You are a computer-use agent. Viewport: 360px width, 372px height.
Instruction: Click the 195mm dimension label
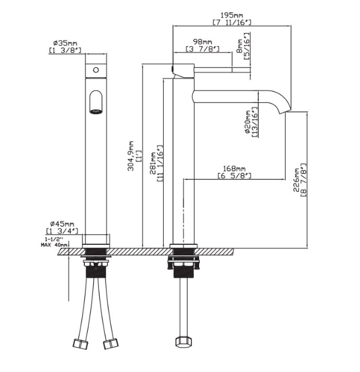pos(232,15)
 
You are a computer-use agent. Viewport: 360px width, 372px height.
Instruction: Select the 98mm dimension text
pos(202,42)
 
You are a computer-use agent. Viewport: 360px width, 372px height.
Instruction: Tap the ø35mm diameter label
pos(65,43)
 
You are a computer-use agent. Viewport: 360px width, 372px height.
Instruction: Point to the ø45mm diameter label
pos(62,224)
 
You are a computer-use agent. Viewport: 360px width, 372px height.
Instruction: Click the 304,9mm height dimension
pos(131,156)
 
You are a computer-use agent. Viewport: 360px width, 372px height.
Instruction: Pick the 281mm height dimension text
pos(153,163)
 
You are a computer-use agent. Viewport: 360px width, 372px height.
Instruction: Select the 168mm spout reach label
pos(234,169)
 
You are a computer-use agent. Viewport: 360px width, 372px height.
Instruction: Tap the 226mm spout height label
pos(296,180)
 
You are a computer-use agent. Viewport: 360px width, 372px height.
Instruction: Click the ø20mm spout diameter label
pos(248,122)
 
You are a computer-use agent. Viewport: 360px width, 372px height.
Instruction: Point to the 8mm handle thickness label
pos(240,46)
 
